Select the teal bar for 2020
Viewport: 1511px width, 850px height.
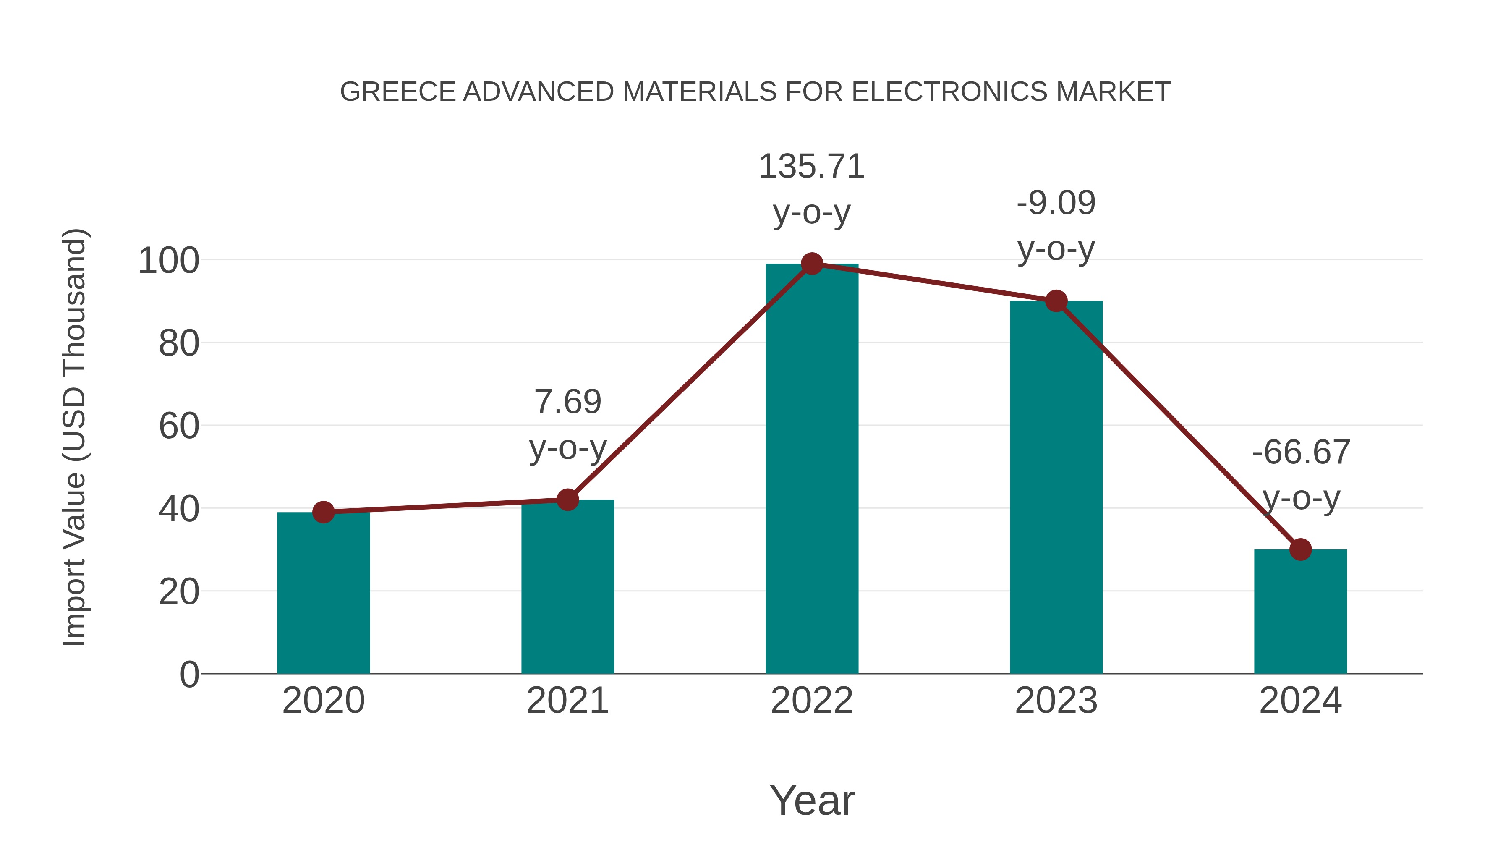323,592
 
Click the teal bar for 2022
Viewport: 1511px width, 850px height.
812,469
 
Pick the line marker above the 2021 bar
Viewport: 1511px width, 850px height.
567,500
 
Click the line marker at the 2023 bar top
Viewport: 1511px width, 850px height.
1056,301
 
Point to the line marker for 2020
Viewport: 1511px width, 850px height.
323,512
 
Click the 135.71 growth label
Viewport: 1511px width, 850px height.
812,167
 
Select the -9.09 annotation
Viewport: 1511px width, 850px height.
1056,204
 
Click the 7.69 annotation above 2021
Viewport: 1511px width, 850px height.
567,403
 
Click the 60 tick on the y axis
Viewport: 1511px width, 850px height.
179,426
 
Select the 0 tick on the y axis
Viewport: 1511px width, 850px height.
189,675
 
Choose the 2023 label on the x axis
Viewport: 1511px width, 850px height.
1056,701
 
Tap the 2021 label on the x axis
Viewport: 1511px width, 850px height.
567,701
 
